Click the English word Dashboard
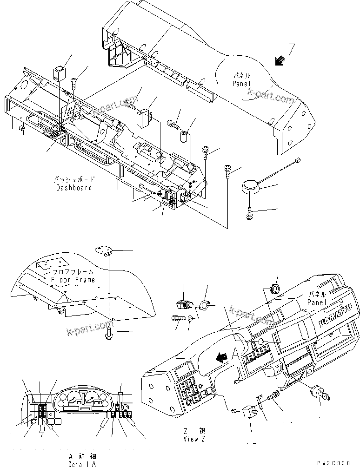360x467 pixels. coord(74,188)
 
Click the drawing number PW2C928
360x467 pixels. coord(338,463)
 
